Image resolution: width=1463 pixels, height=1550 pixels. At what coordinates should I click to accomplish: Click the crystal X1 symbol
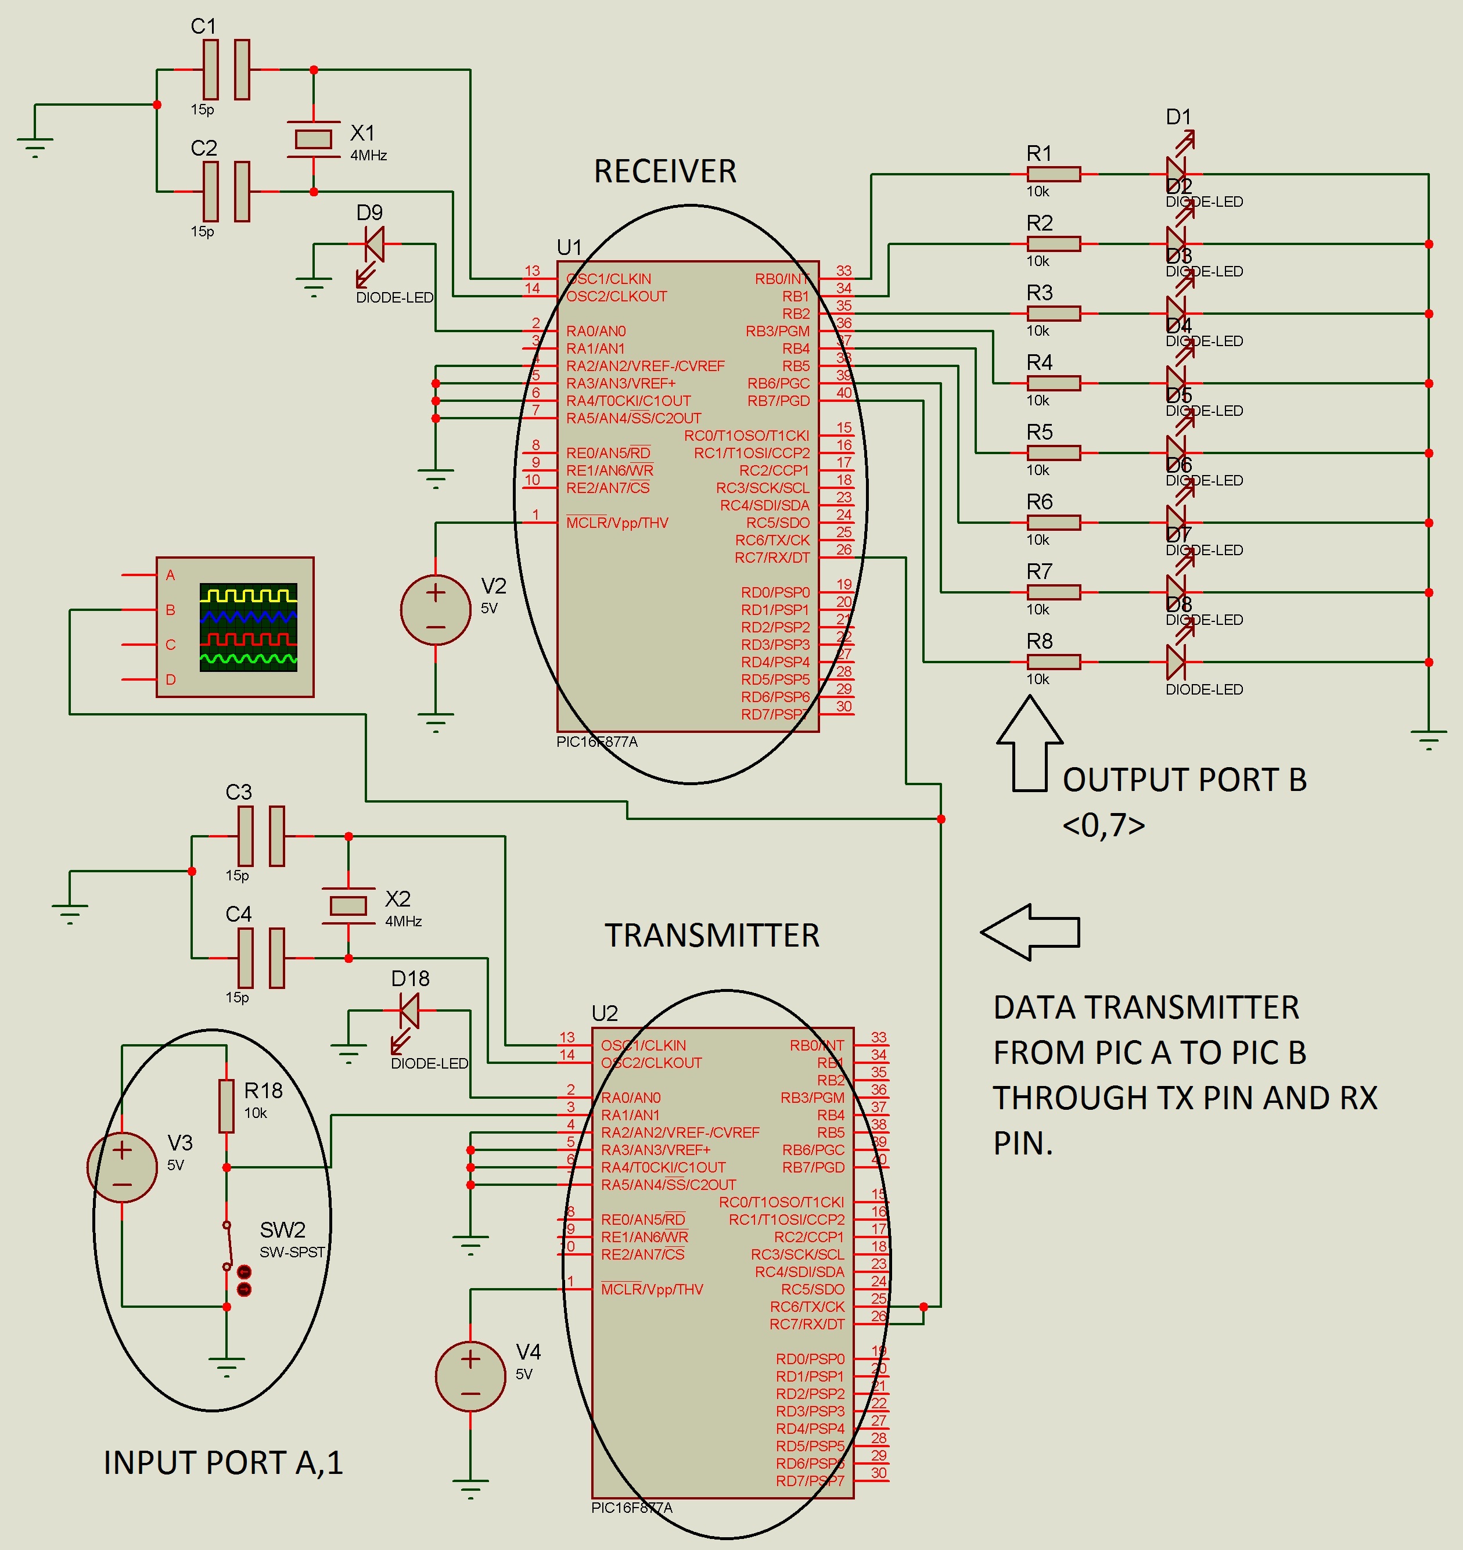click(314, 139)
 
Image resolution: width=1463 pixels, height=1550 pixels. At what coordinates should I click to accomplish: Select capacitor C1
click(226, 70)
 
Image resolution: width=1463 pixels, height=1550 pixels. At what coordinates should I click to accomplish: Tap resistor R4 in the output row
click(1053, 383)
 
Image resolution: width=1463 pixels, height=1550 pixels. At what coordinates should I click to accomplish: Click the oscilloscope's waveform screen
click(248, 627)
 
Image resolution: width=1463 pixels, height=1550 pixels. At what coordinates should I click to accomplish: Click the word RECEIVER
click(664, 171)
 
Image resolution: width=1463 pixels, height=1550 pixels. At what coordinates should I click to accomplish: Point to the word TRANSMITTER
click(712, 936)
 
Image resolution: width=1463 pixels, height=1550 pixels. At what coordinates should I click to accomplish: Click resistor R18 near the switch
click(226, 1106)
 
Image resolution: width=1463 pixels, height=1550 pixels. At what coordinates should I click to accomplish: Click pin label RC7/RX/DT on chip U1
click(771, 558)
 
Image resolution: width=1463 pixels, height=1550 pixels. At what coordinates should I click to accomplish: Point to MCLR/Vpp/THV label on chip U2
click(652, 1289)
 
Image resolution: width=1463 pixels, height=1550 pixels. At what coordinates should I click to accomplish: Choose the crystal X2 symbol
click(348, 905)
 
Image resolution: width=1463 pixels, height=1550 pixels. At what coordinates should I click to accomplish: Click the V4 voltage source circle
click(470, 1376)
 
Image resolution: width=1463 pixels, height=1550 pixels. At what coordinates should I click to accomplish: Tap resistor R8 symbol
click(1053, 662)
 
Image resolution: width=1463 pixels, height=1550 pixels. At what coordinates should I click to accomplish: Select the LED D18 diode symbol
click(409, 1011)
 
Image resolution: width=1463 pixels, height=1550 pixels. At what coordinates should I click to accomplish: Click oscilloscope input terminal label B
click(170, 610)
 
